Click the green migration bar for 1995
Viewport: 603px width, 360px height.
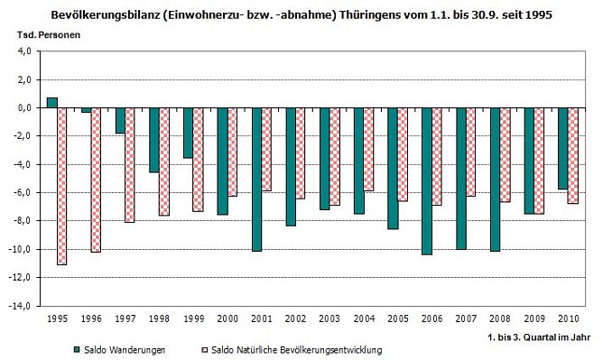tap(52, 102)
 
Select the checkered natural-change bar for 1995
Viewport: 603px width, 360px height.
tap(62, 186)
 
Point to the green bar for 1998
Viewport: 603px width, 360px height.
tap(154, 140)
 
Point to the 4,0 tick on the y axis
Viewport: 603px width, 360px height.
tap(24, 51)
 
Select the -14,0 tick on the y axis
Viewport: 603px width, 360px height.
tap(22, 306)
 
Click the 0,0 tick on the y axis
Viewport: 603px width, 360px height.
tap(24, 108)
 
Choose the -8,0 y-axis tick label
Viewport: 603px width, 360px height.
tap(23, 221)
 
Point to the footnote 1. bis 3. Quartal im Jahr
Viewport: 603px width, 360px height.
tap(538, 335)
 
